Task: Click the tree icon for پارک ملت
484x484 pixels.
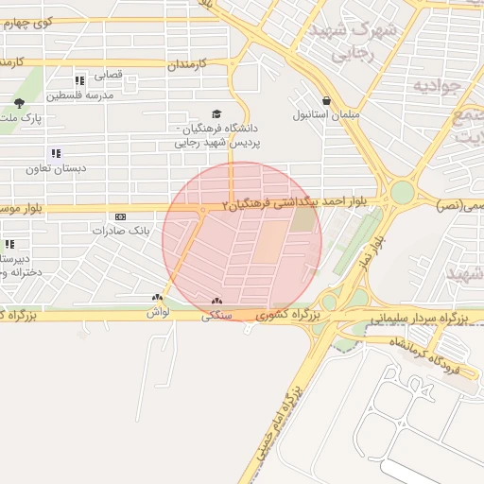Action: point(19,103)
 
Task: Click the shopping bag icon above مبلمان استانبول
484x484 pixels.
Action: point(326,100)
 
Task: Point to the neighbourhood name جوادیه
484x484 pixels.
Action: point(436,87)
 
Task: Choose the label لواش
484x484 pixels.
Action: point(157,312)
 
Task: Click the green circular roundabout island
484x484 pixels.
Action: point(403,193)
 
